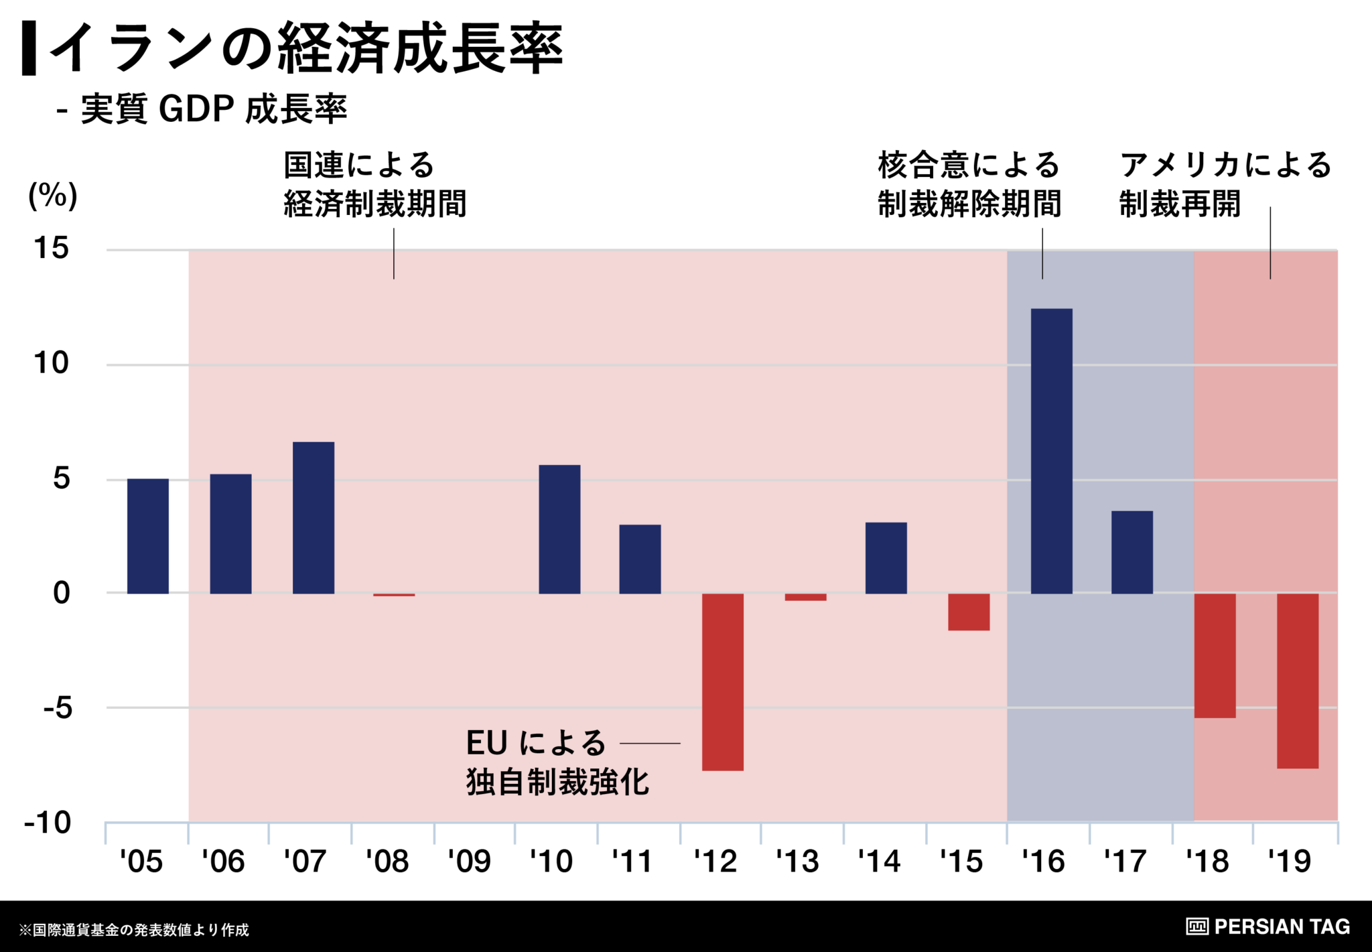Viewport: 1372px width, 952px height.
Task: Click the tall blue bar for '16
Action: click(x=1051, y=451)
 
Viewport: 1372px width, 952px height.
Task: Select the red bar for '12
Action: click(x=723, y=681)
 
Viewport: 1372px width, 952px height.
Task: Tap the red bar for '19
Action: click(x=1298, y=681)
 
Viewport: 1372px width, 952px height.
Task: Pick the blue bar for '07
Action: click(x=314, y=517)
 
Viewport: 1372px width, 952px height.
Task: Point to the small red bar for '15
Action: click(x=969, y=612)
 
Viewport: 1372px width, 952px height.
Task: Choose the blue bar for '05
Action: click(x=148, y=536)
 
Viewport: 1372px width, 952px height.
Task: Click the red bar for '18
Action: click(x=1215, y=655)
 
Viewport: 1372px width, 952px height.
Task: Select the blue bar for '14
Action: click(x=886, y=557)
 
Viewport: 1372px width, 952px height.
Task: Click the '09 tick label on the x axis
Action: click(x=469, y=862)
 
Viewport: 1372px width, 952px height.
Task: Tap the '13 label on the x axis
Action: click(x=797, y=862)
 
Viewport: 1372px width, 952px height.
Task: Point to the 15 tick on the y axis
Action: click(x=52, y=249)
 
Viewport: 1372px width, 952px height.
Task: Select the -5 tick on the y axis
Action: click(x=58, y=708)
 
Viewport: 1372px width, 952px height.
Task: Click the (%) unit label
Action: click(x=53, y=196)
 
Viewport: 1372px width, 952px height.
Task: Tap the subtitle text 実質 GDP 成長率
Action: click(x=214, y=109)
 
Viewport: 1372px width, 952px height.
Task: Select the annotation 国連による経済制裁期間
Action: click(x=374, y=184)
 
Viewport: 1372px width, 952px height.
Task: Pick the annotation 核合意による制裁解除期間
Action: click(x=969, y=184)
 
